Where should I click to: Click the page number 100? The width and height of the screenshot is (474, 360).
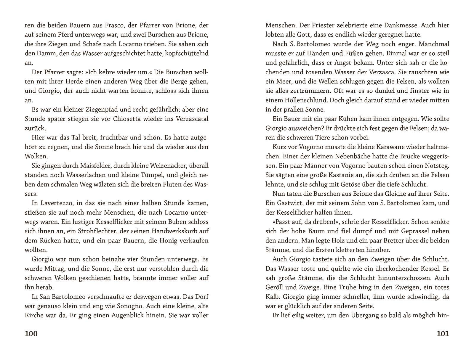coord(31,334)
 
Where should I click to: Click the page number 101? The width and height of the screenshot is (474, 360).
coord(443,334)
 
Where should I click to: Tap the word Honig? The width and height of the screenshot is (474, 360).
coord(157,240)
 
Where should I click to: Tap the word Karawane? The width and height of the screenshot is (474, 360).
coord(380,147)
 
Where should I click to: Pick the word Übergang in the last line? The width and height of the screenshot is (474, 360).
coord(364,315)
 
